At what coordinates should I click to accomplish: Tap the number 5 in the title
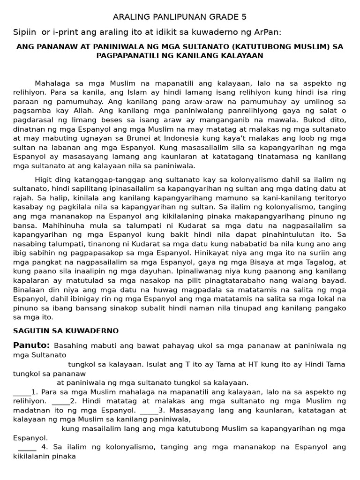(244, 17)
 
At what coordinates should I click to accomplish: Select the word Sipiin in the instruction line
(24, 31)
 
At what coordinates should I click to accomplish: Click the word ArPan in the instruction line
(271, 31)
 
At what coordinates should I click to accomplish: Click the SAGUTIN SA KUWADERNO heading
(66, 330)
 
